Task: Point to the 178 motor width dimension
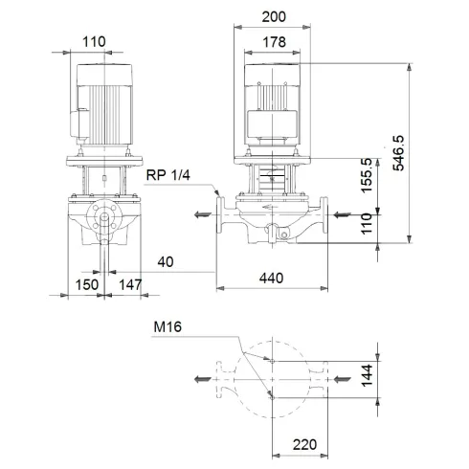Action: coord(276,41)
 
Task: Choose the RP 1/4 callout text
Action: coord(167,175)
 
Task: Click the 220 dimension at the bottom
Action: coord(305,445)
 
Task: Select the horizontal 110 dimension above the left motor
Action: coord(92,41)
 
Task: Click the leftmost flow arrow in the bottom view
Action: coord(202,379)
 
